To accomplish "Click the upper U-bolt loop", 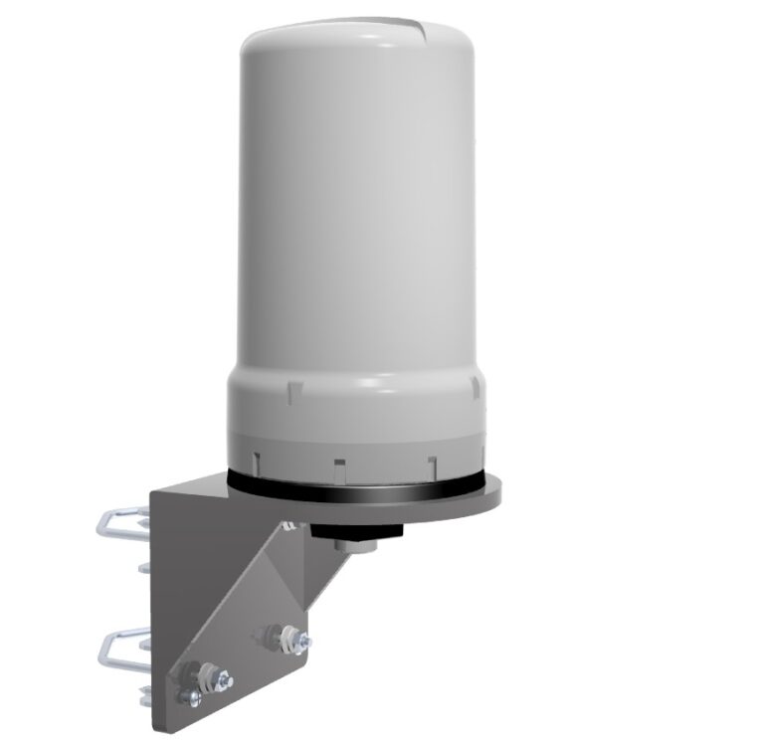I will tap(117, 521).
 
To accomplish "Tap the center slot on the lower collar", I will tap(339, 462).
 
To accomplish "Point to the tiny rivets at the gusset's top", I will tap(287, 525).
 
